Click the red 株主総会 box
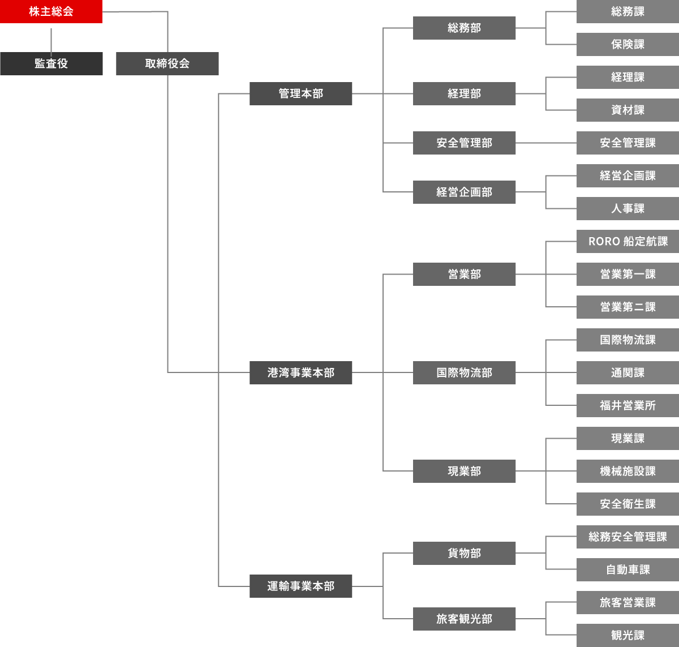51,11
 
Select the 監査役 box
51,63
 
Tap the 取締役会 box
167,63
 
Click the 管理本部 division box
300,93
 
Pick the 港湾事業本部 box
300,372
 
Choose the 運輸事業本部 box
300,586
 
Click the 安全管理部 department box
464,143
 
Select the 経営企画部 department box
464,192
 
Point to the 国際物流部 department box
464,372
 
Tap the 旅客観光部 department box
464,619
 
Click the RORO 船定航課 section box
628,241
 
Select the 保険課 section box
628,44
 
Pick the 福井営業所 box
628,405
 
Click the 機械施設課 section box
628,471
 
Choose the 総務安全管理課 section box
628,537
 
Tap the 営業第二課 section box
628,307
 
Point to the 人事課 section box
628,208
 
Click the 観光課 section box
628,635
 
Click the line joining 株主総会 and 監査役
51,37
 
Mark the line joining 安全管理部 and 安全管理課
546,143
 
